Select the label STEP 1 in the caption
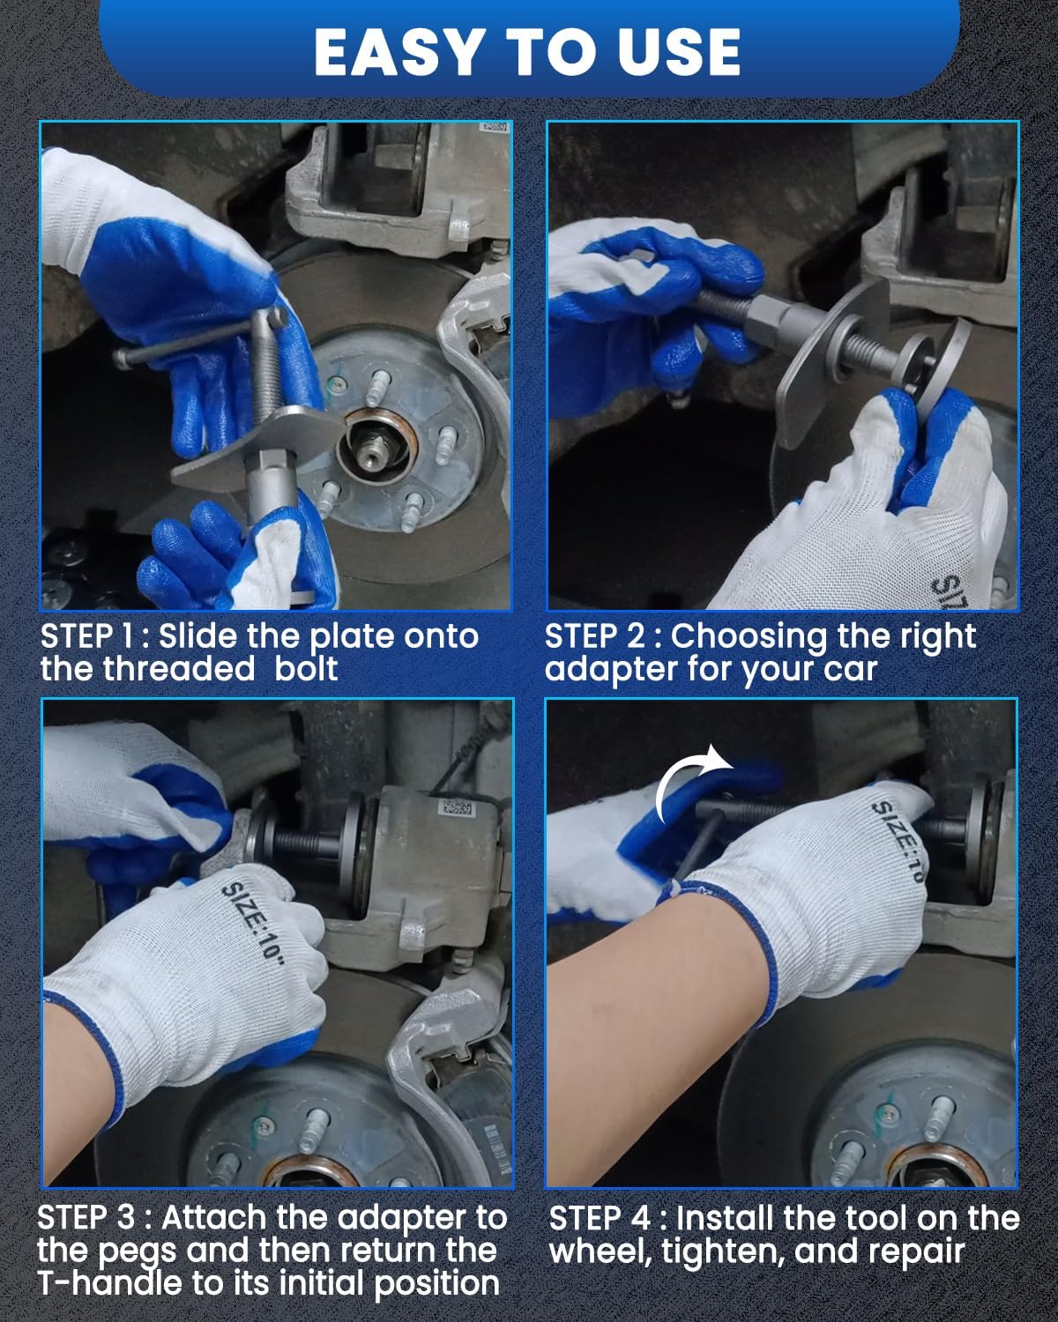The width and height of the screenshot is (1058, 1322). click(x=86, y=636)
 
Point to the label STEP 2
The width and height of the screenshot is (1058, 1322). click(x=594, y=636)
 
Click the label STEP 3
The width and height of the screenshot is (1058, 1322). click(x=86, y=1217)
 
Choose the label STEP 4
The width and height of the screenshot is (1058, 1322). click(x=600, y=1218)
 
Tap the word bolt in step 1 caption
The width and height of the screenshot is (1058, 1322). click(x=306, y=668)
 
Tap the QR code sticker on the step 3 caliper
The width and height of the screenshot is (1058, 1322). click(x=457, y=808)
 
